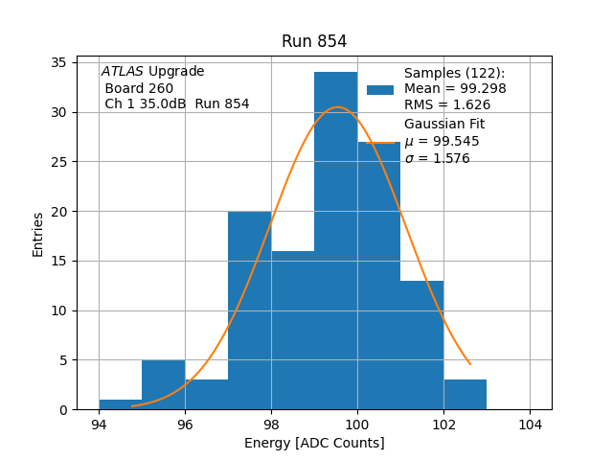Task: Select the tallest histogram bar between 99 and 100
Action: tap(335, 240)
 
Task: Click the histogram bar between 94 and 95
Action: tap(121, 404)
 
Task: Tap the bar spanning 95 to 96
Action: tap(163, 384)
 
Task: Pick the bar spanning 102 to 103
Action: tap(465, 394)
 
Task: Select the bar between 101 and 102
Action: tap(421, 345)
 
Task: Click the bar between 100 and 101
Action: tap(378, 278)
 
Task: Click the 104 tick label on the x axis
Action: tap(530, 424)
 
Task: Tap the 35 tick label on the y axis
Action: tap(83, 62)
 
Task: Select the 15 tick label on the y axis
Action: tap(83, 261)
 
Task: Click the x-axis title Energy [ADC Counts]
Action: tap(314, 443)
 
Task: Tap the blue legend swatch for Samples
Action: tap(380, 89)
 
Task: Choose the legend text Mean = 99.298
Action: tap(455, 89)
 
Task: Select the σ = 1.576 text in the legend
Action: tap(437, 158)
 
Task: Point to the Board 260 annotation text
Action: tap(139, 88)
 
